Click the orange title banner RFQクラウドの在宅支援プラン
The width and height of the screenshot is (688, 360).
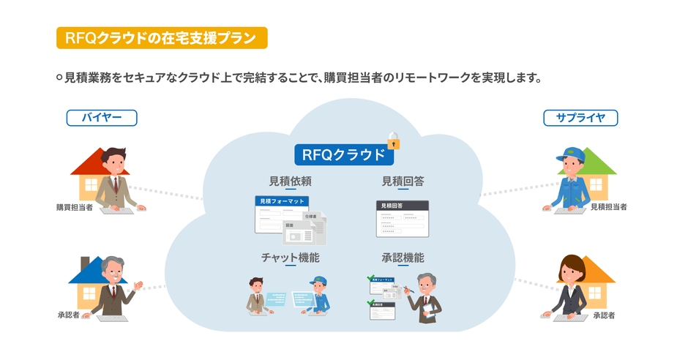(x=161, y=38)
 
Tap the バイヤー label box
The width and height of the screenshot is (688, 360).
(x=102, y=117)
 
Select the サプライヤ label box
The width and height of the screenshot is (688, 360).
(x=580, y=117)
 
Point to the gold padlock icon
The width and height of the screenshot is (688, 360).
(x=395, y=140)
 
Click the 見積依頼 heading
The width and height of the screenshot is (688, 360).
(x=291, y=181)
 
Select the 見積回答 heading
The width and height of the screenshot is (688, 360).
(x=403, y=181)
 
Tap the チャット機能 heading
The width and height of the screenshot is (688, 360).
(x=291, y=258)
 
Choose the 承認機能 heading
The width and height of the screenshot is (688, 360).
(x=403, y=258)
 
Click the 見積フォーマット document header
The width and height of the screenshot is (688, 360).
(x=282, y=201)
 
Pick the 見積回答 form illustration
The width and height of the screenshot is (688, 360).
(x=403, y=218)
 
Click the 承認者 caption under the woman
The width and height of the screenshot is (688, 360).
(x=605, y=315)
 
